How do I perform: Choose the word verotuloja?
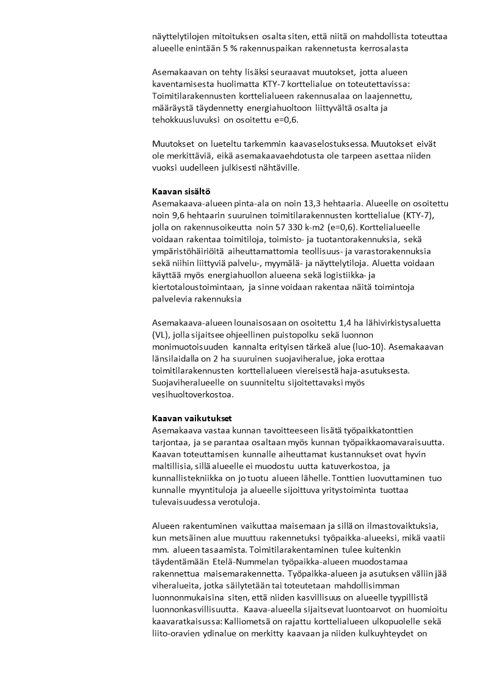(236, 502)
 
